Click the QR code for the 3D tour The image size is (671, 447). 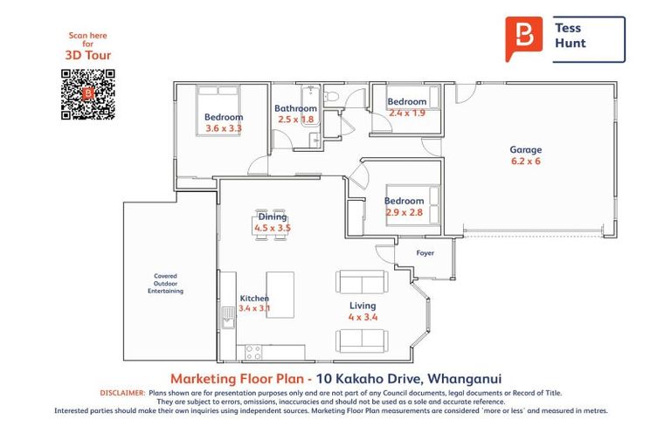click(87, 94)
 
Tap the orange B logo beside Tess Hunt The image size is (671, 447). click(524, 38)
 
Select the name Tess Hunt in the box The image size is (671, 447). click(571, 36)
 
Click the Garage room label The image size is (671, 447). click(525, 149)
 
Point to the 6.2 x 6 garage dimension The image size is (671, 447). click(525, 162)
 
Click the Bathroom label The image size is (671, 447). click(295, 108)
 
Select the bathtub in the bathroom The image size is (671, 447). click(310, 103)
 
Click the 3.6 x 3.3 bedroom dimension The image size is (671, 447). click(224, 128)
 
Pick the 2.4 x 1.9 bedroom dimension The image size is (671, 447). click(407, 113)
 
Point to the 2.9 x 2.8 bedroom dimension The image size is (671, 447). click(404, 212)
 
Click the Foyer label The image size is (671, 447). click(425, 253)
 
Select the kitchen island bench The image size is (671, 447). click(280, 295)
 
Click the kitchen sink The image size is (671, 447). click(228, 318)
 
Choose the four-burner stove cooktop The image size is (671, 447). click(252, 353)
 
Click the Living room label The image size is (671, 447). click(363, 306)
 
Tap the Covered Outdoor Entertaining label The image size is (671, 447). click(166, 284)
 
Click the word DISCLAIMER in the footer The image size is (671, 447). click(123, 393)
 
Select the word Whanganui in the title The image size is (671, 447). click(464, 379)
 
